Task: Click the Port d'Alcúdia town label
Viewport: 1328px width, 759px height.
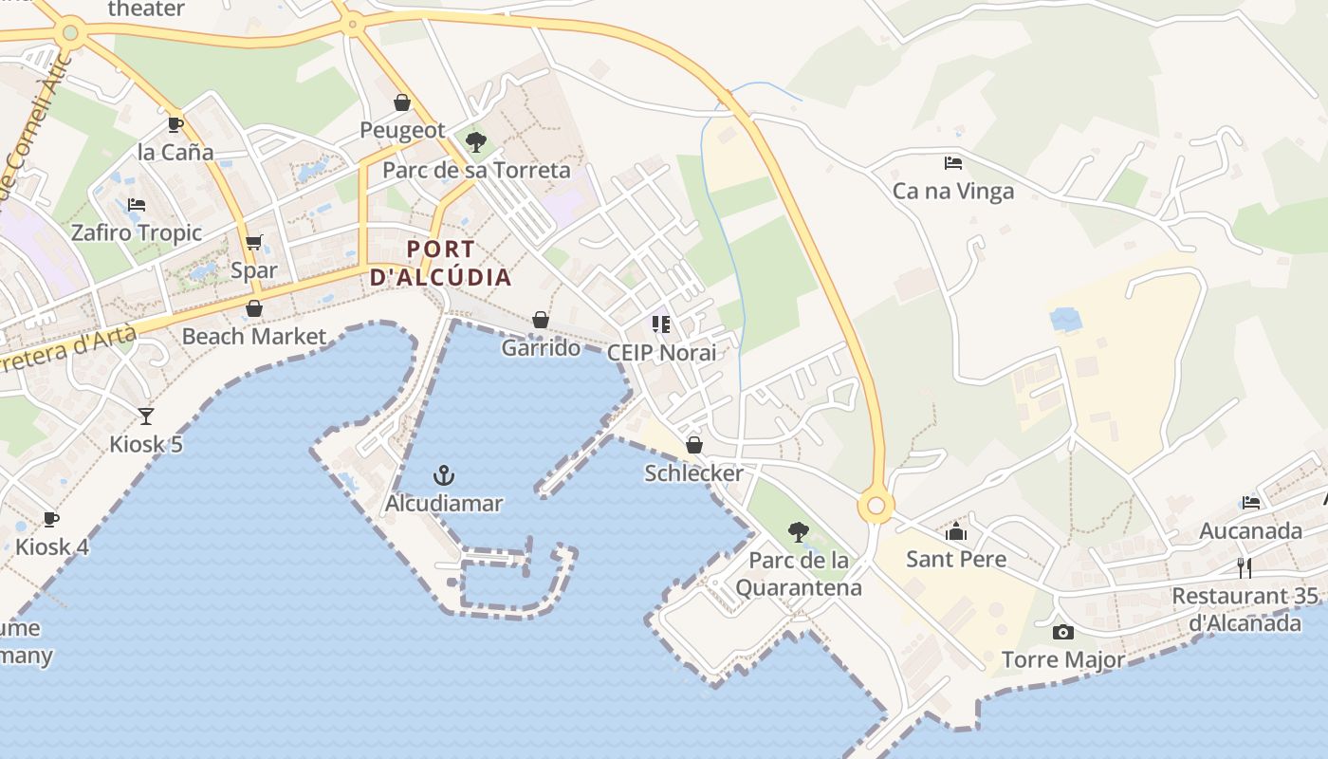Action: pos(440,263)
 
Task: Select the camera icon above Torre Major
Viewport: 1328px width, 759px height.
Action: pos(1063,632)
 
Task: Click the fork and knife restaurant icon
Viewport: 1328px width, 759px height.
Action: pos(1245,567)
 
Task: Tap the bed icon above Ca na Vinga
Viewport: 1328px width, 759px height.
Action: pos(953,163)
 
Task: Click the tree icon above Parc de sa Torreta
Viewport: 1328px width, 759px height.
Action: pos(476,142)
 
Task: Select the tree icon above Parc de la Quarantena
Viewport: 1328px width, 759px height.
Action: pos(799,532)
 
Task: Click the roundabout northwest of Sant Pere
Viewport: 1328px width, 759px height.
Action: pos(876,507)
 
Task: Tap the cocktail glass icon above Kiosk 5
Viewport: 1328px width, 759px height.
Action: pos(146,416)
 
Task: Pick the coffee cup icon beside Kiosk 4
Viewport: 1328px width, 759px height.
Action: pos(51,519)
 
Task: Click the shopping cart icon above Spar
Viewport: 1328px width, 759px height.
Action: pos(253,243)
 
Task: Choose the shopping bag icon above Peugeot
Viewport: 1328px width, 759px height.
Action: pos(402,102)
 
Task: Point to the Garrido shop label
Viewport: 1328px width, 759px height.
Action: pos(541,347)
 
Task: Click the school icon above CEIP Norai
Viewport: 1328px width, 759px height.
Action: pos(661,324)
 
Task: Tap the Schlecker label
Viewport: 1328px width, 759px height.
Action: pos(693,472)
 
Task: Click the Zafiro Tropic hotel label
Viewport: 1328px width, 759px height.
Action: pos(137,232)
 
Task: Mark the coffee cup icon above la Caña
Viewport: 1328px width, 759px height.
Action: pos(175,124)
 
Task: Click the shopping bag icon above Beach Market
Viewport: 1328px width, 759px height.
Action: pos(253,308)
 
